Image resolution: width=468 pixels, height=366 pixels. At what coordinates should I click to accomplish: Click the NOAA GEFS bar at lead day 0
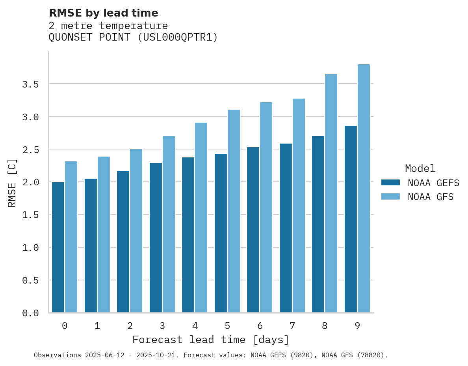coord(58,247)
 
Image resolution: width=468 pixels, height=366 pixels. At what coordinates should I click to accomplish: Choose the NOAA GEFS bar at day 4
coord(188,235)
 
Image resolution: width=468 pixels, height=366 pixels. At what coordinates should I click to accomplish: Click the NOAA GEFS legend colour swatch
coord(390,183)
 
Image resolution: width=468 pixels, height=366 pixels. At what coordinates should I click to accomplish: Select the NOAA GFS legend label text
coord(431,197)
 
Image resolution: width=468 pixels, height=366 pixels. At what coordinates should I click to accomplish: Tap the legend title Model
coord(420,168)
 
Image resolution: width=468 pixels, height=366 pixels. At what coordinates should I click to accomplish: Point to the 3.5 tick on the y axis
coord(30,84)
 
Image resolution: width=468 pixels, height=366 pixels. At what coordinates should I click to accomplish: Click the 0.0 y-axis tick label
coord(30,313)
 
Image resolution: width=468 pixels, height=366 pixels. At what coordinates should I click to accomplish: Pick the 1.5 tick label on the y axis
coord(30,215)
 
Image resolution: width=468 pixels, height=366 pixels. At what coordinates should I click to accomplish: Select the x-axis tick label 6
coord(260,326)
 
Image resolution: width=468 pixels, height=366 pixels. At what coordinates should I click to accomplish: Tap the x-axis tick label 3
coord(162,326)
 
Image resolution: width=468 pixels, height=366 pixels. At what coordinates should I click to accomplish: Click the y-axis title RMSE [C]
coord(12,183)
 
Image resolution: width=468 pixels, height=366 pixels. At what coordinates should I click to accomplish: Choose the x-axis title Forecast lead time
coord(211,340)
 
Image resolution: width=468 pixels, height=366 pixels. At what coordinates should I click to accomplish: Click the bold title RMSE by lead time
coord(103,13)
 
